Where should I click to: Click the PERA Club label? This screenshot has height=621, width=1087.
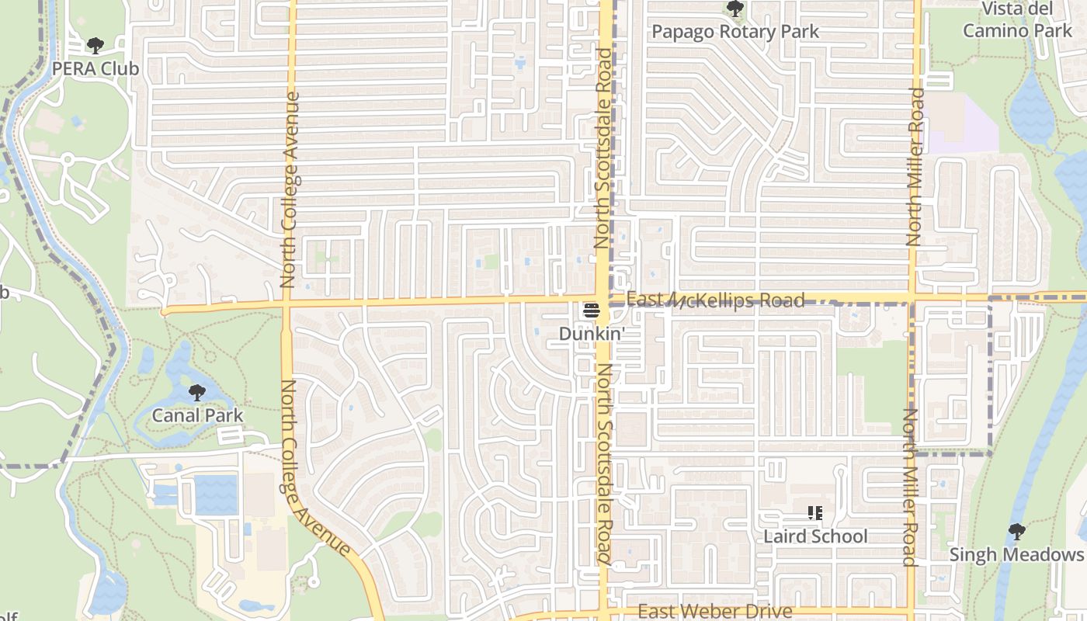(x=95, y=68)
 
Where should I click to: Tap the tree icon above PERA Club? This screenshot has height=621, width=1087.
(x=95, y=46)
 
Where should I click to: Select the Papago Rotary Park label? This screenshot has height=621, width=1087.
(x=735, y=32)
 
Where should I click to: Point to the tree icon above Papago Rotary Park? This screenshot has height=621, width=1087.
(x=735, y=9)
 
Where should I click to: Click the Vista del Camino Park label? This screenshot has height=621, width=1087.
(x=1017, y=20)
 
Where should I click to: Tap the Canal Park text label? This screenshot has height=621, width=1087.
(x=197, y=415)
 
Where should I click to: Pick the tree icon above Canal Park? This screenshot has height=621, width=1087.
(x=197, y=392)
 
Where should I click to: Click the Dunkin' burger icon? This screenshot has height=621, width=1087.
(x=592, y=311)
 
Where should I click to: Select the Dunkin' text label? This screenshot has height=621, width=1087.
(x=592, y=333)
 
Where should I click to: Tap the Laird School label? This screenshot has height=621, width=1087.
(x=814, y=536)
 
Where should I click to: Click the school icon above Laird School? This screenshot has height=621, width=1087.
(x=814, y=513)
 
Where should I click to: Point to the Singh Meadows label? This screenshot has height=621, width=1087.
(x=1016, y=554)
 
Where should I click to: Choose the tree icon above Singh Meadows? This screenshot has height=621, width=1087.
(x=1016, y=532)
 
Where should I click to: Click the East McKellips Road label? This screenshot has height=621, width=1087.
(x=714, y=300)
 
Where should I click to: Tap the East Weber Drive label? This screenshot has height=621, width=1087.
(x=714, y=612)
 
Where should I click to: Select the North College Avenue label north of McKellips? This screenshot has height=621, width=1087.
(x=290, y=190)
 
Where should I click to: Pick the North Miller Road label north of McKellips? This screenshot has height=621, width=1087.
(x=917, y=167)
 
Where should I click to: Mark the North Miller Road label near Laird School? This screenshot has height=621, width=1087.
(x=911, y=487)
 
